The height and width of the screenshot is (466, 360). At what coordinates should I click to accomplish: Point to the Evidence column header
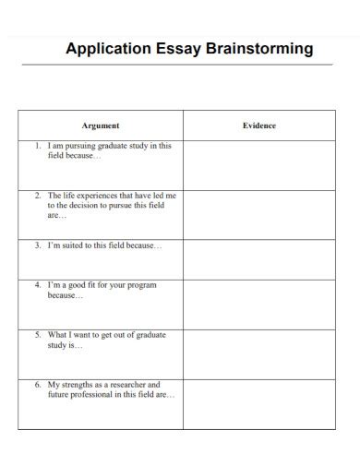[x=259, y=125]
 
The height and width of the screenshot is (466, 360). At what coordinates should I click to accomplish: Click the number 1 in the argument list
[x=37, y=146]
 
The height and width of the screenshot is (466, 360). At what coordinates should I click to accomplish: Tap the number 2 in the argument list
[x=37, y=197]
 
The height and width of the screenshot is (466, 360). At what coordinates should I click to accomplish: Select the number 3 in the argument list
[x=37, y=246]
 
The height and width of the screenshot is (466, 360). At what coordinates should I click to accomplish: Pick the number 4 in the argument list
[x=37, y=286]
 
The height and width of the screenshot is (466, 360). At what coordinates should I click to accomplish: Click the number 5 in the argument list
[x=37, y=336]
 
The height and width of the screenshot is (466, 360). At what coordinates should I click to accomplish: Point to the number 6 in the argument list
[x=37, y=384]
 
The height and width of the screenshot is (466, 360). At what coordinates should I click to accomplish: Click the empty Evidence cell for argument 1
[x=259, y=164]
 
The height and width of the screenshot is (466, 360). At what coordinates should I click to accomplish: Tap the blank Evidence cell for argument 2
[x=259, y=214]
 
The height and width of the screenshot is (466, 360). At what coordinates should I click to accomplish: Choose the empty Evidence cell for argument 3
[x=259, y=258]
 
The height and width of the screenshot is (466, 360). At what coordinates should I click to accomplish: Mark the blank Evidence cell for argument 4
[x=259, y=303]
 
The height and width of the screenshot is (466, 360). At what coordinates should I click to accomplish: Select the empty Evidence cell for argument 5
[x=259, y=352]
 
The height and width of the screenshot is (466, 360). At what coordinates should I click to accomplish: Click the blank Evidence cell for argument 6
[x=259, y=402]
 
